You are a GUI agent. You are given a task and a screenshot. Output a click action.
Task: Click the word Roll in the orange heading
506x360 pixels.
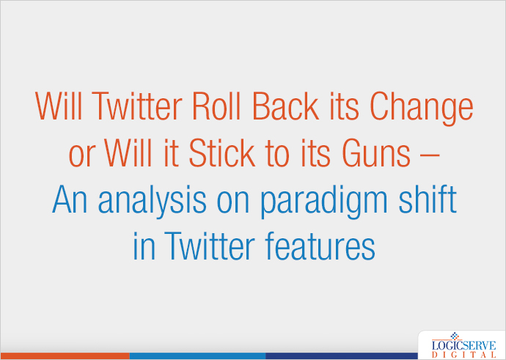point(216,106)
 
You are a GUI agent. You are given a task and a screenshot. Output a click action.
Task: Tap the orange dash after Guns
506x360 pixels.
point(430,156)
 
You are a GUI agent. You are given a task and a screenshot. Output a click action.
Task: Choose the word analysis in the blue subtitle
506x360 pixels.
point(152,202)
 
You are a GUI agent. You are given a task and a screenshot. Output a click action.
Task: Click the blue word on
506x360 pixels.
point(233,203)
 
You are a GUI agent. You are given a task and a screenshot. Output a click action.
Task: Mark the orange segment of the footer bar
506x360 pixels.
point(65,356)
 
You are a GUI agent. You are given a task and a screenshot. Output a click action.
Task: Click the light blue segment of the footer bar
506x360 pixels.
point(197,356)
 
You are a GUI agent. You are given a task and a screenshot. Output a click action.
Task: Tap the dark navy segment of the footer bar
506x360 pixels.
point(342,356)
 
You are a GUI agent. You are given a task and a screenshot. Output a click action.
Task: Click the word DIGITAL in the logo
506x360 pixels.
point(463,355)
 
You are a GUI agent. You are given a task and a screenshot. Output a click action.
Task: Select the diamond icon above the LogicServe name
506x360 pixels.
point(455,336)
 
